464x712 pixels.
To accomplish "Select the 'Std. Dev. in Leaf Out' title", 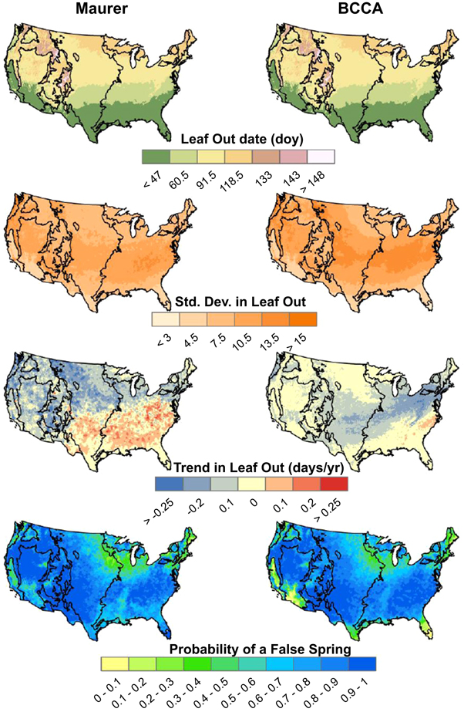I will [x=231, y=301].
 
